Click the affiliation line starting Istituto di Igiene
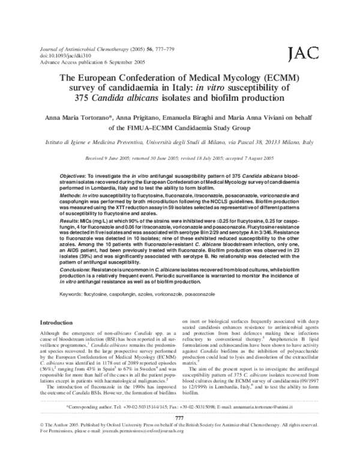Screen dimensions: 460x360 point(180,144)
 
